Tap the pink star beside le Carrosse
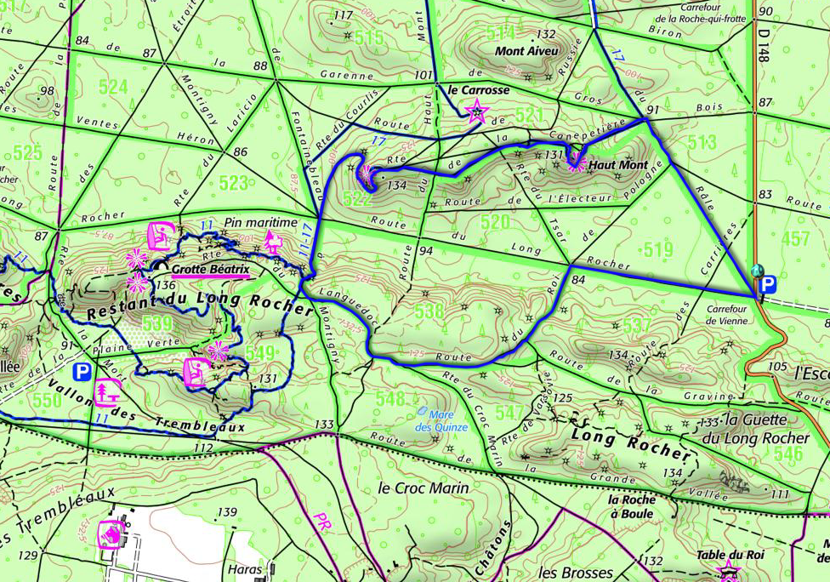click(x=477, y=111)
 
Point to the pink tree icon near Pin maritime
click(x=273, y=242)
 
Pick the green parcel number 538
click(x=430, y=312)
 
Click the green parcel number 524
click(x=112, y=87)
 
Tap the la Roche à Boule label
click(x=631, y=507)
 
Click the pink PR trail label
click(x=321, y=521)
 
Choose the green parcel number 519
click(x=658, y=249)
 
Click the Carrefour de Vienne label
click(x=725, y=315)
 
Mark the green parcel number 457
click(x=796, y=239)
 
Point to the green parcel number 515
click(x=369, y=37)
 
